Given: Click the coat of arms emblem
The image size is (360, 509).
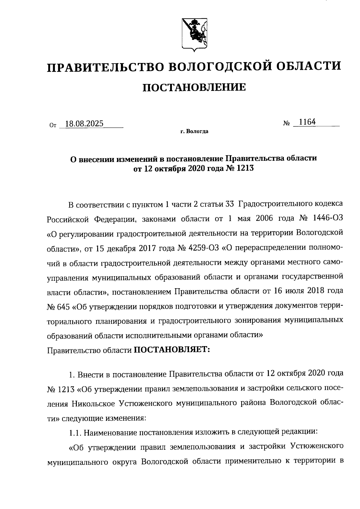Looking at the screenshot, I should coord(194,35).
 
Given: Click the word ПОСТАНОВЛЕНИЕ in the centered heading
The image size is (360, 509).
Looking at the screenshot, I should coord(193,87).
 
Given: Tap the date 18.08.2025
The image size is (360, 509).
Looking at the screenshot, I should coord(84,124).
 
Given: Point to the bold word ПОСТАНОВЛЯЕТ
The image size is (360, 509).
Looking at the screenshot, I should coord(171,350).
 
